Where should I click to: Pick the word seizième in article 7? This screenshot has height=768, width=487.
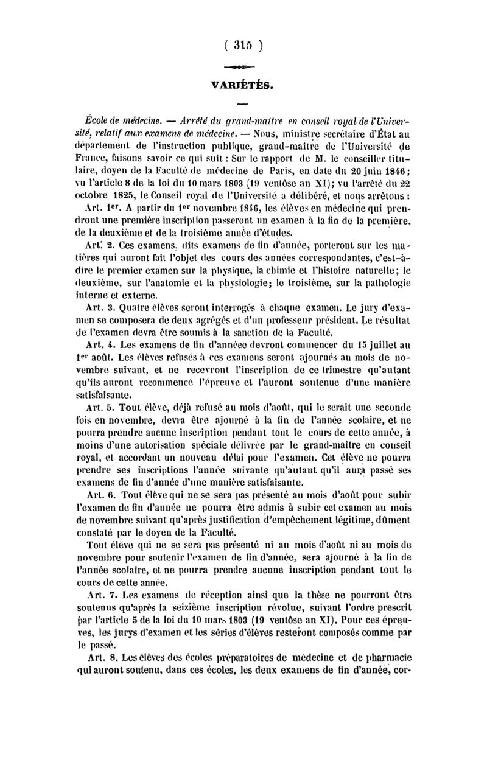point(220,604)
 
